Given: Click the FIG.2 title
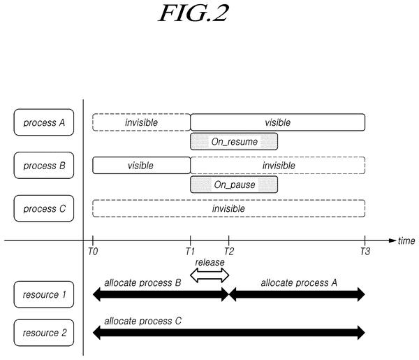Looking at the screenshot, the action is [193, 13].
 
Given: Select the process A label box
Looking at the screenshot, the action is [44, 122].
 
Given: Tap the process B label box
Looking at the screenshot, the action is [44, 165].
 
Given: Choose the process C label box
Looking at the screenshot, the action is [44, 208].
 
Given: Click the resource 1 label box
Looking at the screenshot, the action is [44, 294].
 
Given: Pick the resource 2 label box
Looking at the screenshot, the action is [44, 333].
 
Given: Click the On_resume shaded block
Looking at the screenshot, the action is [234, 141].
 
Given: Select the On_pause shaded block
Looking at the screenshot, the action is [234, 185].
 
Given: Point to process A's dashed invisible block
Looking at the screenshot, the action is [141, 122].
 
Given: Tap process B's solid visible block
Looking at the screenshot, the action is [141, 165].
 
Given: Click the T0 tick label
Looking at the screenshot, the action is [93, 252].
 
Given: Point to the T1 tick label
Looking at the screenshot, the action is [190, 252].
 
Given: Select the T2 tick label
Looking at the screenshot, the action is [229, 252].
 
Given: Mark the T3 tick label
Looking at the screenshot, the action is [365, 252].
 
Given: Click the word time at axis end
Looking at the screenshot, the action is [406, 240].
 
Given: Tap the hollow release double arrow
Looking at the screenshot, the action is [209, 275].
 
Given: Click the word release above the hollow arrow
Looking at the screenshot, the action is [209, 262].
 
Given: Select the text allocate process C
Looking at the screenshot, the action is [142, 321].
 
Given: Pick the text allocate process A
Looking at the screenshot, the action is [299, 282].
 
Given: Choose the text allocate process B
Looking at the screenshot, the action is [142, 282].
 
